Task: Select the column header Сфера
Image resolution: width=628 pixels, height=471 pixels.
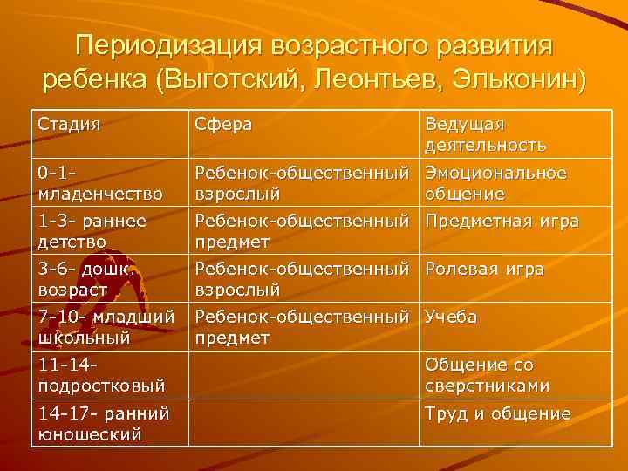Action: [x=224, y=125]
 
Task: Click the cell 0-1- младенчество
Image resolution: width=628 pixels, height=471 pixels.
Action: [x=99, y=182]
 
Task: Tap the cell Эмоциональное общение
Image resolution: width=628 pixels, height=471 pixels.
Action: [x=495, y=182]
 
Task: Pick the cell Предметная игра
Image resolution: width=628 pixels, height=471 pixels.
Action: [x=502, y=222]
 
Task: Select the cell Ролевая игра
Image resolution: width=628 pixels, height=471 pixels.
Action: [x=484, y=270]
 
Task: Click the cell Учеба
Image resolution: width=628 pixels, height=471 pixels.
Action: [x=451, y=317]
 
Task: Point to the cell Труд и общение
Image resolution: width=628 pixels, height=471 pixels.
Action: [x=497, y=413]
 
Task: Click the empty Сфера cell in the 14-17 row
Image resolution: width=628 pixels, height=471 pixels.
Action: [x=304, y=423]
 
